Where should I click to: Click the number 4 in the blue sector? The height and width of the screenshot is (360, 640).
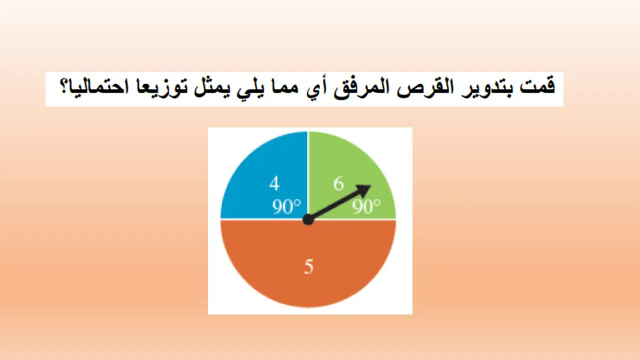(x=274, y=183)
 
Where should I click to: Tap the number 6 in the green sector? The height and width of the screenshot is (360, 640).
(x=338, y=183)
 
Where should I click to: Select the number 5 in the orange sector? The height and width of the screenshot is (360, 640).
(x=308, y=267)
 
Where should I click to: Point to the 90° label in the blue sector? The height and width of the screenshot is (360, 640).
(x=286, y=206)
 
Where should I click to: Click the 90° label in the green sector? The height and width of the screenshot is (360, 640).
(x=366, y=206)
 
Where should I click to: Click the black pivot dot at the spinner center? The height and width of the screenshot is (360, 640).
(x=308, y=219)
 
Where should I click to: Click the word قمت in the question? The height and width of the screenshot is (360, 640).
(x=537, y=86)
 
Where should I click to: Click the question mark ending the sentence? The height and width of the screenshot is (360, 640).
(x=64, y=86)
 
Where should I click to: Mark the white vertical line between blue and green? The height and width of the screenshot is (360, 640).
(x=308, y=174)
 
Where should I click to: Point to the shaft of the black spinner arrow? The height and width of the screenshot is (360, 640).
(x=334, y=205)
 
